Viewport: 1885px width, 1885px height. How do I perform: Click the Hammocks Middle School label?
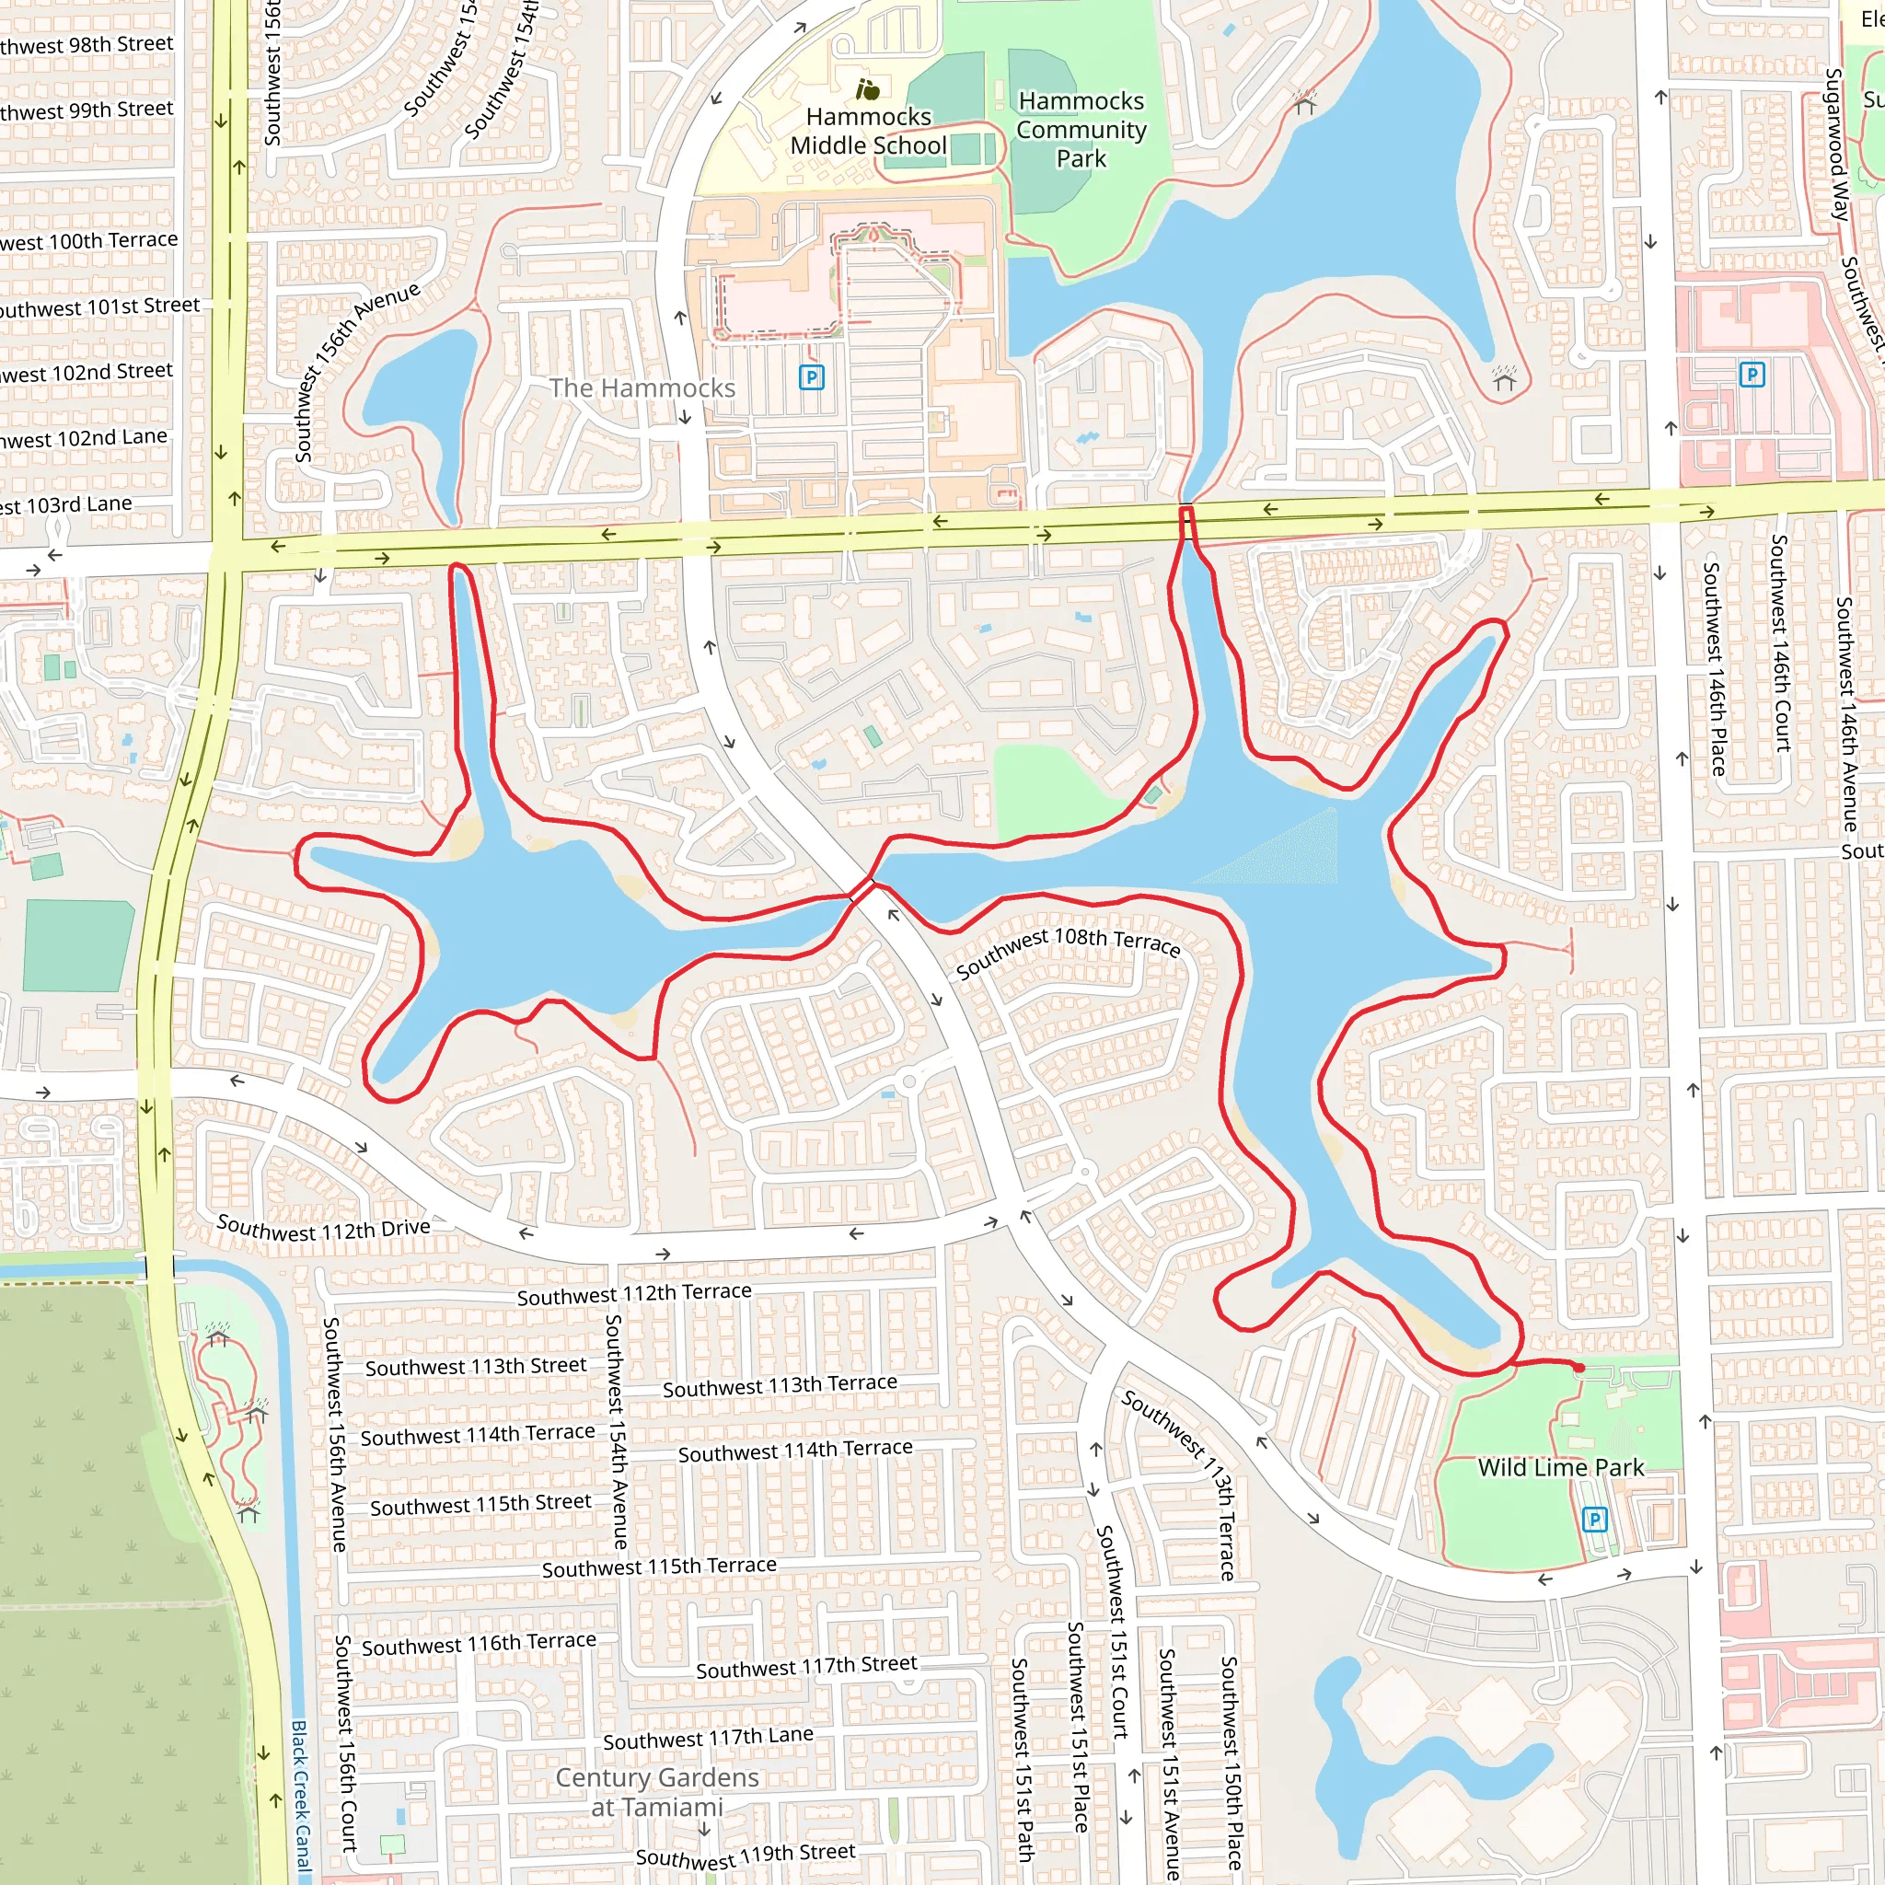tap(867, 131)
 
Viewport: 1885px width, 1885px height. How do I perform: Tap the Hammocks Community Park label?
tap(1081, 130)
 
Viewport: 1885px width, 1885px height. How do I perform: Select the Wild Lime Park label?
tap(1560, 1467)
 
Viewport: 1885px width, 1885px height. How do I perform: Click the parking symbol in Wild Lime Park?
tap(1594, 1519)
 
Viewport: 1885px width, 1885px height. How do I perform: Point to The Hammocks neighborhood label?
tap(642, 388)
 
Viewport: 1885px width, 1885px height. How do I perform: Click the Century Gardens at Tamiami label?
tap(656, 1792)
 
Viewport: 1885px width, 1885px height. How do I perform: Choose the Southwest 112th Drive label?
tap(323, 1230)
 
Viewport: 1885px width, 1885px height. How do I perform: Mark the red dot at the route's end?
tap(1579, 1369)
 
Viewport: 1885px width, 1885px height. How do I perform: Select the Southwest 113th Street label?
tap(476, 1367)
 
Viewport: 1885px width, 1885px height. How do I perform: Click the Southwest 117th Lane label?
tap(708, 1739)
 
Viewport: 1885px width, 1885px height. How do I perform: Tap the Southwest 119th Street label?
tap(746, 1856)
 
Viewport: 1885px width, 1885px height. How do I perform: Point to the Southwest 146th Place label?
tap(1713, 668)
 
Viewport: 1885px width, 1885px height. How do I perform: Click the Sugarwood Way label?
tap(1836, 145)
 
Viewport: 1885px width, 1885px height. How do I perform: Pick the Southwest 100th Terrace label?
tap(87, 241)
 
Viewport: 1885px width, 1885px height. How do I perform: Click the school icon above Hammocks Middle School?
tap(867, 91)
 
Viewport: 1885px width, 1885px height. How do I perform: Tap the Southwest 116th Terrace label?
tap(478, 1645)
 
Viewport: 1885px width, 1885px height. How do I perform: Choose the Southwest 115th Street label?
tap(480, 1505)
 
